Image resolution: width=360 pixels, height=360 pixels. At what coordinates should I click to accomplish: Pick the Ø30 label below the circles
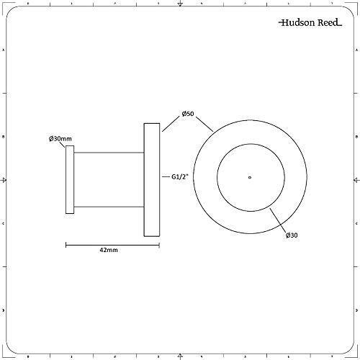coord(292,235)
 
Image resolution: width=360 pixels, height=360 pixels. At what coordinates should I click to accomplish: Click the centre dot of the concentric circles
coord(249,177)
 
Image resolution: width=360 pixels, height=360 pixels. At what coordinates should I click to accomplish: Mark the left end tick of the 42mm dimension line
coord(66,245)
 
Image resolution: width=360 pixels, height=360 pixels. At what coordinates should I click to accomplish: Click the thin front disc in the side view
coord(70,179)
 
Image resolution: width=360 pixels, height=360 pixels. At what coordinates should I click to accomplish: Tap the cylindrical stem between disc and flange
coord(108,179)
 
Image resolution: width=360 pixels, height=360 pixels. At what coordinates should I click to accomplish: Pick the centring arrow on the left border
coord(6,180)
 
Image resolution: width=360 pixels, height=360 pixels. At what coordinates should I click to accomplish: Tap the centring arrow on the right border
coord(354,180)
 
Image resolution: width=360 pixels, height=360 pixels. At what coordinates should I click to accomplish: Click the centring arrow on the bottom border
coord(180,354)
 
